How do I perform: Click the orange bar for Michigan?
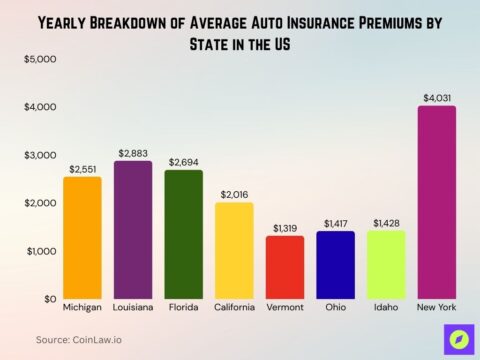click(82, 238)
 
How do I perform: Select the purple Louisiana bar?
click(133, 230)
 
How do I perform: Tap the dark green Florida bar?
click(183, 234)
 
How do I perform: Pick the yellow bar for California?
click(234, 251)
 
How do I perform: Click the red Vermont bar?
click(285, 267)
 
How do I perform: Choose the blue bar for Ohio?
click(335, 265)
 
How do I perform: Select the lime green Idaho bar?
click(386, 265)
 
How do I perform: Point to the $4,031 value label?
click(437, 97)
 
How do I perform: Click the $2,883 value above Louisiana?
click(133, 152)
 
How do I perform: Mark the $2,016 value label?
click(234, 193)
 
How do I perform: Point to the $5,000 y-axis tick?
click(40, 59)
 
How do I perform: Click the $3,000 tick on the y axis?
click(40, 155)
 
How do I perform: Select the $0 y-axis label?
click(49, 299)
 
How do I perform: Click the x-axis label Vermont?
click(285, 307)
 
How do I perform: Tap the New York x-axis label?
click(437, 307)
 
